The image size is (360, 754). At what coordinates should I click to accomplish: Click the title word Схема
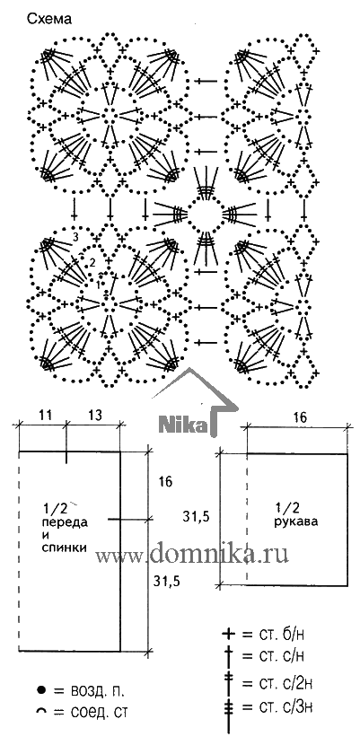[x=49, y=19]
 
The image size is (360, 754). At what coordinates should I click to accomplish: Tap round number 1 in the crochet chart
[x=99, y=285]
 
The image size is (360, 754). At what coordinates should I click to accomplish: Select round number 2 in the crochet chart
[x=92, y=262]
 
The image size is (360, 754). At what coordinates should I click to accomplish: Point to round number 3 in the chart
[x=76, y=237]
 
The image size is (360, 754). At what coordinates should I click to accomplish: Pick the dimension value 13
[x=94, y=415]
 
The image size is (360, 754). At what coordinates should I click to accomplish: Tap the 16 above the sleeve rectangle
[x=300, y=418]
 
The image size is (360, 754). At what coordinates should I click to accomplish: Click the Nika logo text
[x=182, y=425]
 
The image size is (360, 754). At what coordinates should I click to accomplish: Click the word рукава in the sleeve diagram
[x=296, y=521]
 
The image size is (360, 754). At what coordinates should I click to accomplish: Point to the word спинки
[x=66, y=548]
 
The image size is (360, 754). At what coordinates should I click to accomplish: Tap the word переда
[x=66, y=522]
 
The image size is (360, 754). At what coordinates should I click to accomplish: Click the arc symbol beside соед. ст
[x=41, y=711]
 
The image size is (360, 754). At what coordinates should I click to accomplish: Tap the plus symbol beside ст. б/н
[x=229, y=635]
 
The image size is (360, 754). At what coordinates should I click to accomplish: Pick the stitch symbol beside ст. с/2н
[x=229, y=682]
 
